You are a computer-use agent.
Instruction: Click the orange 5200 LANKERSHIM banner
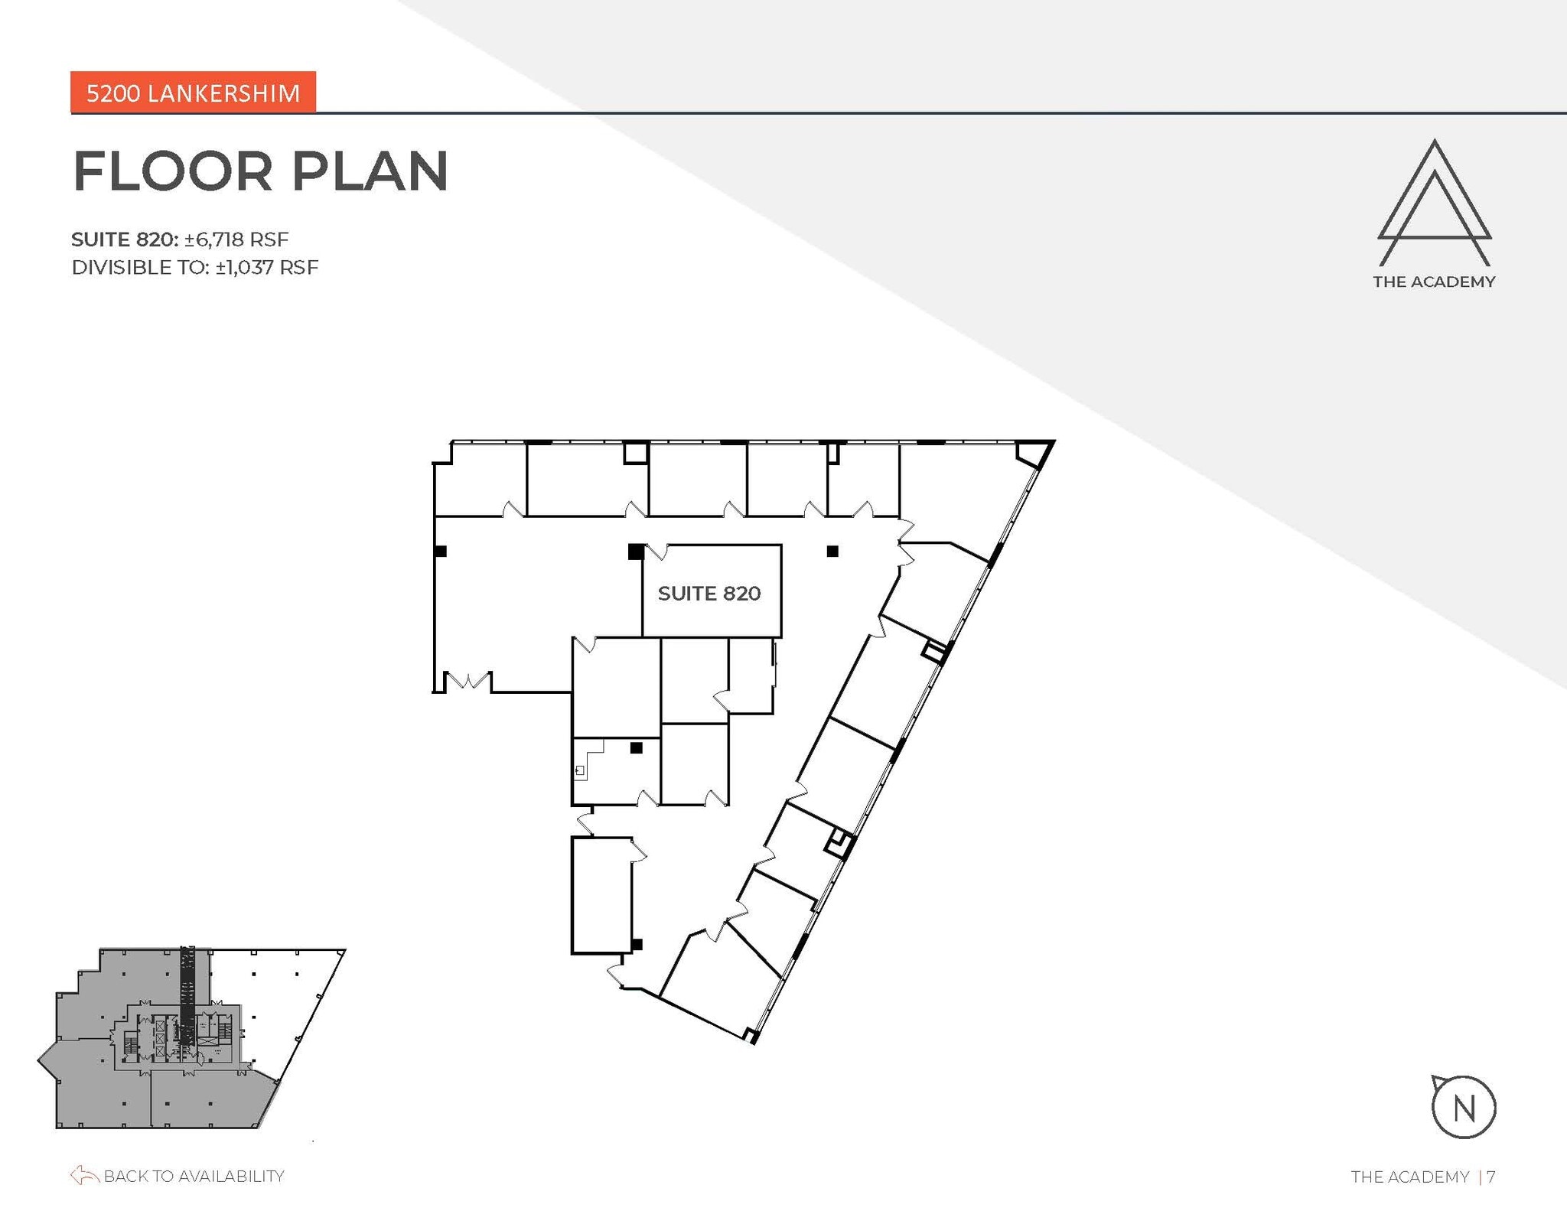coord(193,93)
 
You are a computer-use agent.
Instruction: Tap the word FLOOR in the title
coord(173,171)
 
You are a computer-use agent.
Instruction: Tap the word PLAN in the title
coord(370,171)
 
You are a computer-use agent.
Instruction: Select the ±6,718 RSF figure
coord(236,239)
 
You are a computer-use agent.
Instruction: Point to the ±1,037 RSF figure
coord(267,268)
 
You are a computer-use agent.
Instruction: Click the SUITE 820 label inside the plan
coord(709,594)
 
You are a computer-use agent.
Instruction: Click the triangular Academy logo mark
coord(1434,202)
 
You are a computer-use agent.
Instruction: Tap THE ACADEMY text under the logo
coord(1434,282)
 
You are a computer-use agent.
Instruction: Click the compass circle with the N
coord(1463,1107)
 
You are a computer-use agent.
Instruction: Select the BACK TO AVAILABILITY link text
coord(194,1176)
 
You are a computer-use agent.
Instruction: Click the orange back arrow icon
coord(84,1175)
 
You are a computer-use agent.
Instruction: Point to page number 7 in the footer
coord(1491,1177)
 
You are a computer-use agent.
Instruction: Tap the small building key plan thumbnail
coord(191,1038)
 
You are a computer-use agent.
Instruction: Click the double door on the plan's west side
coord(467,680)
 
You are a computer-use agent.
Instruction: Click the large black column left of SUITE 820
coord(636,551)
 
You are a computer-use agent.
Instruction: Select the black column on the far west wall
coord(441,550)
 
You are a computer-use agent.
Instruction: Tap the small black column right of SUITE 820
coord(832,551)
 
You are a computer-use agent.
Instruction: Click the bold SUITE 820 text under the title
coord(125,239)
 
